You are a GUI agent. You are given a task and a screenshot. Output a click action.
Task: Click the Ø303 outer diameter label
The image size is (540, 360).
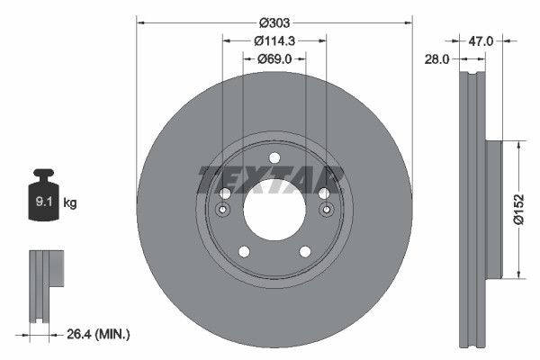tap(274, 22)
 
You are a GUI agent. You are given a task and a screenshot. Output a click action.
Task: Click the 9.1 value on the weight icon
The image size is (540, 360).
tap(42, 202)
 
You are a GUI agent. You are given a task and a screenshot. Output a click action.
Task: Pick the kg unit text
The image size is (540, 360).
tap(69, 203)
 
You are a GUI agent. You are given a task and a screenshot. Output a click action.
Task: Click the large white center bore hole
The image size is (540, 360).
tap(274, 210)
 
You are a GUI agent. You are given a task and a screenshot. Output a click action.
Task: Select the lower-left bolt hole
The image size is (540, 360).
tap(243, 252)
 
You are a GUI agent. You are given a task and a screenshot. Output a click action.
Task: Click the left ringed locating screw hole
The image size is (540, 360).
tap(222, 210)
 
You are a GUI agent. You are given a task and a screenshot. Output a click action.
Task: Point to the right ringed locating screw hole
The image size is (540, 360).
tap(326, 210)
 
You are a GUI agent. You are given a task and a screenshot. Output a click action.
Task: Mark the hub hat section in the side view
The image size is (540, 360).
tap(492, 209)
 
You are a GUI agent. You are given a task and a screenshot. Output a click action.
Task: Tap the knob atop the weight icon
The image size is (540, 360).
tap(42, 174)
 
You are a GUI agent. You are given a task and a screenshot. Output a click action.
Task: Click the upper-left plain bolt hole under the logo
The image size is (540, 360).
tap(225, 193)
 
